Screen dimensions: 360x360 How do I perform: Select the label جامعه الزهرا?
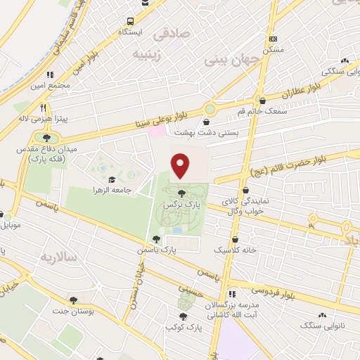pos(110,191)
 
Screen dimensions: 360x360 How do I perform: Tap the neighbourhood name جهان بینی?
pos(232,60)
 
